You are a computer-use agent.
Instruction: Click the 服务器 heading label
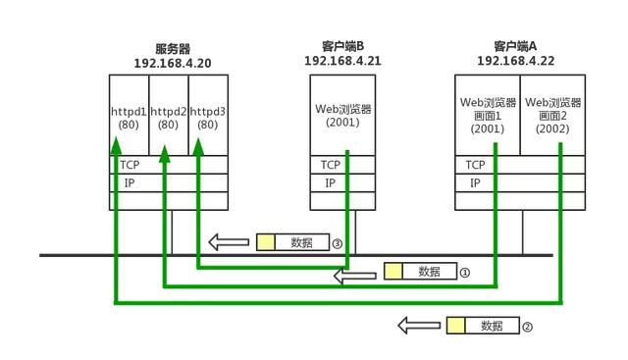pyautogui.click(x=172, y=48)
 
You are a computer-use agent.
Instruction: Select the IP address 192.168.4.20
pyautogui.click(x=172, y=63)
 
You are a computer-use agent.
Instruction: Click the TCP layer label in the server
pyautogui.click(x=130, y=165)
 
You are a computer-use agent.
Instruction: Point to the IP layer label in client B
pyautogui.click(x=331, y=182)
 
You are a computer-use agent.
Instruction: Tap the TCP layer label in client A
pyautogui.click(x=476, y=165)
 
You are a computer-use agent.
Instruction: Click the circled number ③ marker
pyautogui.click(x=337, y=242)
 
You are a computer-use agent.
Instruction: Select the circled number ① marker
pyautogui.click(x=466, y=272)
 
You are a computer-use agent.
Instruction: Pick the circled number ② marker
pyautogui.click(x=527, y=327)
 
